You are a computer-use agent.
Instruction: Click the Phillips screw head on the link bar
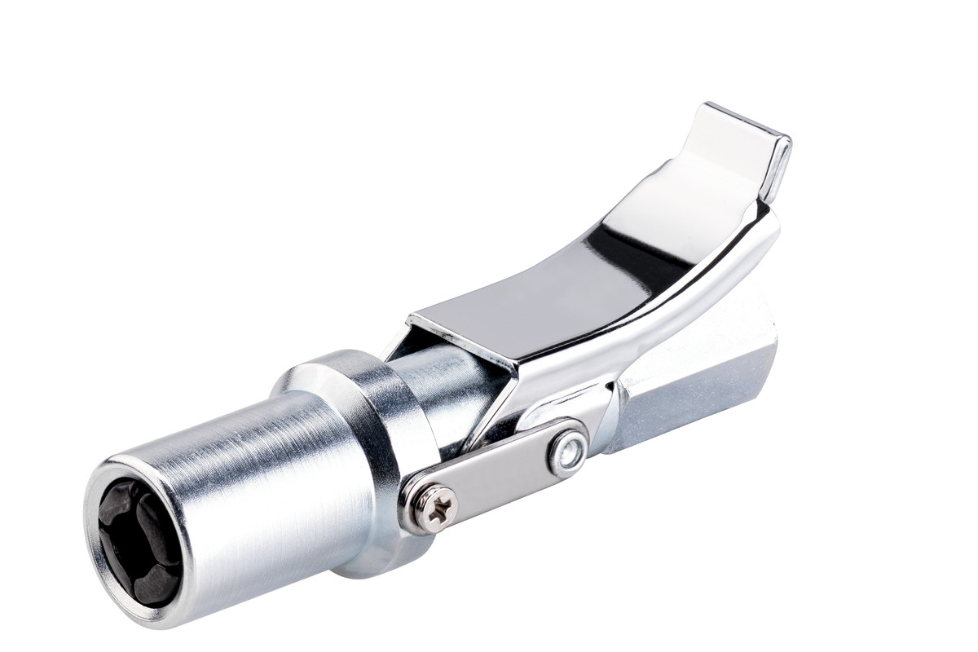[430, 507]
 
